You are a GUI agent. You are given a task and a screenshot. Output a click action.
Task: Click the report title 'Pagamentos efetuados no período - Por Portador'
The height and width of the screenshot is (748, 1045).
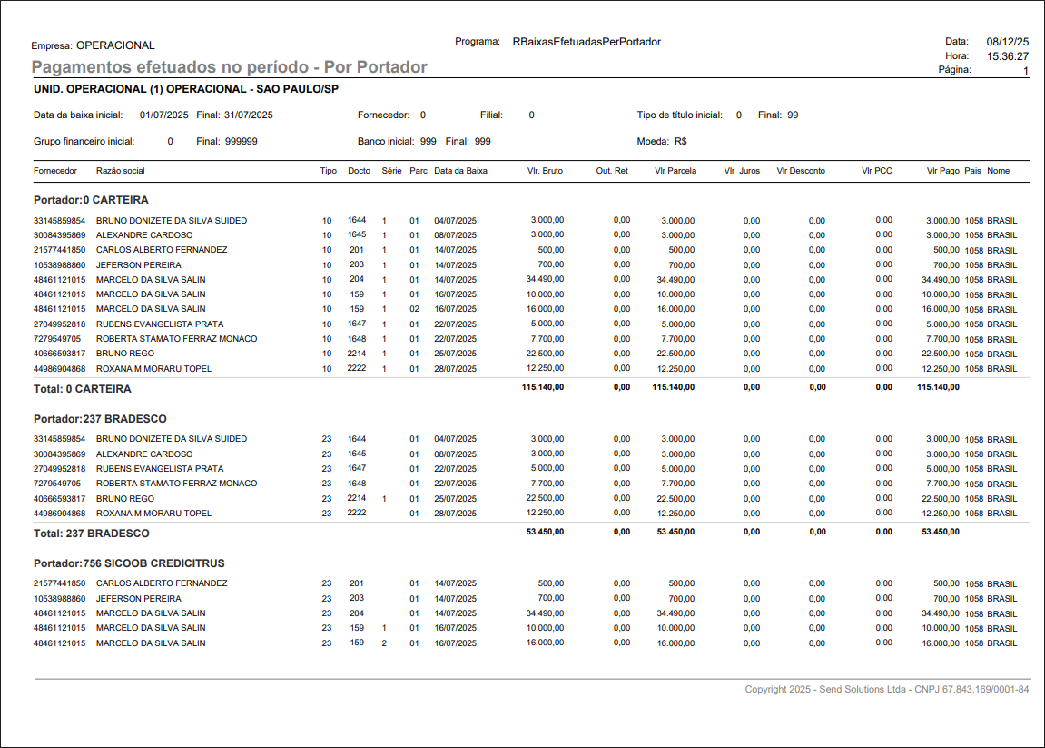click(x=229, y=67)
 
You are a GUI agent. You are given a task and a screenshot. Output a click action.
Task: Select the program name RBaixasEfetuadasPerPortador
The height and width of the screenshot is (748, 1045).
click(x=587, y=42)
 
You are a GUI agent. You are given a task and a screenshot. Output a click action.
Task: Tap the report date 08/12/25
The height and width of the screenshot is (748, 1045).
click(x=1008, y=42)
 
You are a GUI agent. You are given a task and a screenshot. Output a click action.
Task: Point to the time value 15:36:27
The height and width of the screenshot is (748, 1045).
click(x=1008, y=56)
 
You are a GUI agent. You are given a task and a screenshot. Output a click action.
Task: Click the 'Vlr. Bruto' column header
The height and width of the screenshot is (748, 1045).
click(x=545, y=171)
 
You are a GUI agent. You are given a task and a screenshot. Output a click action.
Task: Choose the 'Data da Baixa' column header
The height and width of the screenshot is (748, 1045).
click(x=460, y=171)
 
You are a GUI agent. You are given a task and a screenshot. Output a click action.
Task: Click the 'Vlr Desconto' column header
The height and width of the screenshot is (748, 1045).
click(x=801, y=171)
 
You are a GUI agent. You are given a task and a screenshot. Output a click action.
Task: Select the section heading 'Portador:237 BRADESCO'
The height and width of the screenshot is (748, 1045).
click(x=100, y=419)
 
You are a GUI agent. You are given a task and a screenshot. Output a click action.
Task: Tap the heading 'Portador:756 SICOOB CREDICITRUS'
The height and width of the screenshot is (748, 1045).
click(x=129, y=563)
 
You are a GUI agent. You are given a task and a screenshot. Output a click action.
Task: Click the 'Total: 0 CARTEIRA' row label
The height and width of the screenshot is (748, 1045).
click(x=82, y=389)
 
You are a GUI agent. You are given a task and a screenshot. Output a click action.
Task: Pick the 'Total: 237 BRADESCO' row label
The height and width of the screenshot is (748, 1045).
click(x=91, y=533)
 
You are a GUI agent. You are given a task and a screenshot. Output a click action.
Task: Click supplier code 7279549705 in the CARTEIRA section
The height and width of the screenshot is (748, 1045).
click(x=57, y=339)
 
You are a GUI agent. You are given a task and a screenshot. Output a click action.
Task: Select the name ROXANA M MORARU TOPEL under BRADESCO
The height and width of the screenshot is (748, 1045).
click(x=153, y=514)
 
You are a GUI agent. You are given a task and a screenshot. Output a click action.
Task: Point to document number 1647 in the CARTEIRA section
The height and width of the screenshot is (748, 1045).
click(x=357, y=324)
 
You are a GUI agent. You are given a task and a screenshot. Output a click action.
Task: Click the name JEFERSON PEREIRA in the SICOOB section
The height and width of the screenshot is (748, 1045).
click(x=138, y=599)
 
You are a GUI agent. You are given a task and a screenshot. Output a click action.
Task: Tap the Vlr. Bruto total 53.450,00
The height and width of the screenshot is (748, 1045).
click(x=545, y=532)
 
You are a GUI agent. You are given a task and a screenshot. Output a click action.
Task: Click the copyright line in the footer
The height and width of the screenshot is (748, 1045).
click(x=886, y=690)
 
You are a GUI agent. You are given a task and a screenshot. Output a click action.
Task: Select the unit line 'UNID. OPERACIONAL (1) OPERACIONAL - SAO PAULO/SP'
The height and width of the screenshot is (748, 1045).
click(x=185, y=89)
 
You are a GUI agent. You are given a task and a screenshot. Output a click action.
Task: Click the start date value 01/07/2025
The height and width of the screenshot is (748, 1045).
click(x=163, y=115)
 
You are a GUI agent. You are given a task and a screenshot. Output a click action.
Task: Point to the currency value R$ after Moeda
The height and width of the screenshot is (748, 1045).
click(x=680, y=142)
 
